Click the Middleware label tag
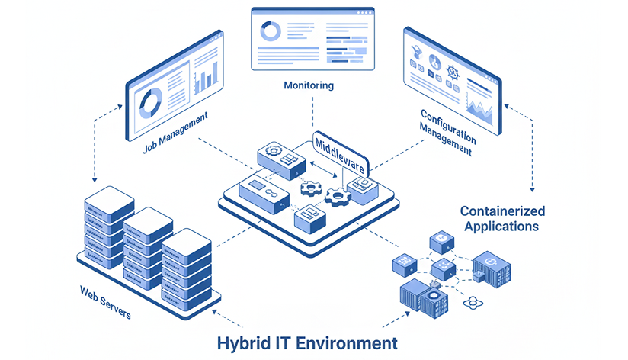point(341,153)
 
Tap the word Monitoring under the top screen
point(309,85)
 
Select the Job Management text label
point(175,133)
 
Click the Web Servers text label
point(105,302)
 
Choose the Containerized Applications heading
point(502,218)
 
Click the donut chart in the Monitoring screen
point(271,31)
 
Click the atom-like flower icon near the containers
point(475,304)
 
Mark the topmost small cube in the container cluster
point(441,242)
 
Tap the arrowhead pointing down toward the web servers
point(94,180)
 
